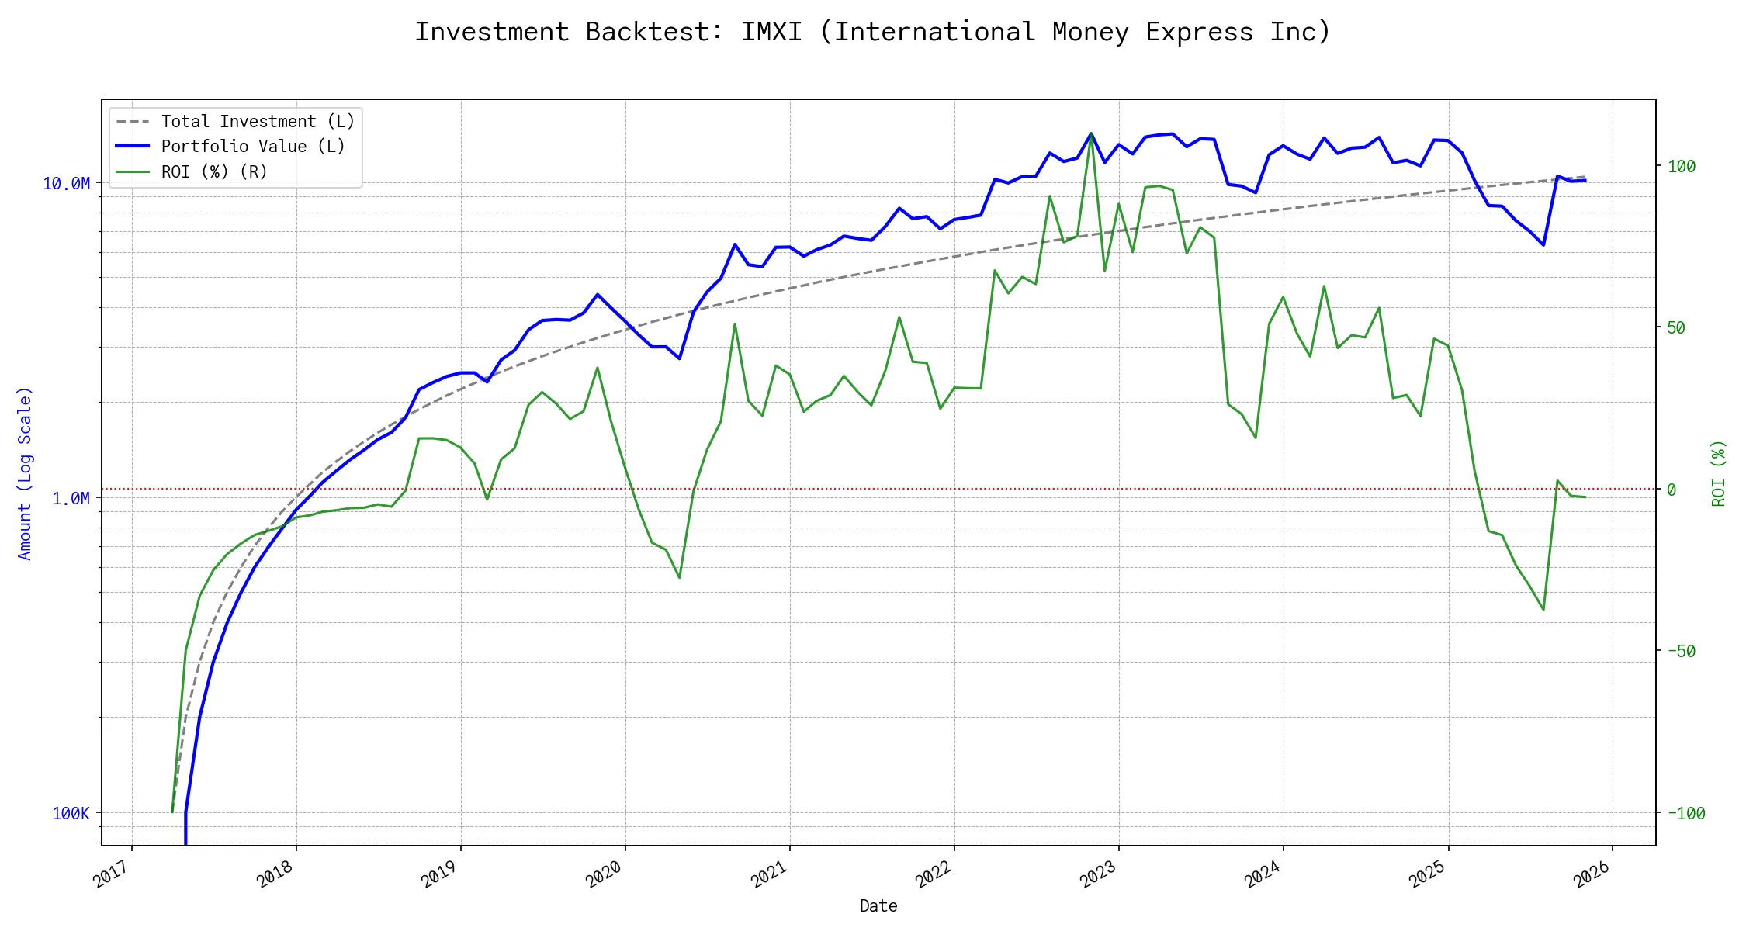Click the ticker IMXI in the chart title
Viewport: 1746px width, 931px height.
coord(771,32)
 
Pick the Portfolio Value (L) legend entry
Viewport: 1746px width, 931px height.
coord(253,147)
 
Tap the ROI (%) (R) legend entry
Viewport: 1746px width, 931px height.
coord(214,172)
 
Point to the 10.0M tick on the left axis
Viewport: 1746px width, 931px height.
coord(67,184)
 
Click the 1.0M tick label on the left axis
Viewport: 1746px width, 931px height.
coord(71,499)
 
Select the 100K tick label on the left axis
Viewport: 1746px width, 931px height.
coord(71,814)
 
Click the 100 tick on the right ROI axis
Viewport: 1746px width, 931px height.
coord(1682,166)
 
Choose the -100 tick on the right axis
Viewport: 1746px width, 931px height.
coord(1685,814)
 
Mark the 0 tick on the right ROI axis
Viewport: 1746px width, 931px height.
coord(1672,490)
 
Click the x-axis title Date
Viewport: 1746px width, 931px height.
coord(878,906)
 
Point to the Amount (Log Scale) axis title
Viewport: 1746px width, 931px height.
coord(25,473)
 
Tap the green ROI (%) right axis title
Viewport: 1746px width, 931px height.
coord(1719,473)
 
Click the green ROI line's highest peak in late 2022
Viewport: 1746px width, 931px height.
coord(1091,134)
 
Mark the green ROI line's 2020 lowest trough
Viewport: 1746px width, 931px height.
coord(680,578)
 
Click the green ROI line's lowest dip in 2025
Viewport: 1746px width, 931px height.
coord(1543,610)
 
